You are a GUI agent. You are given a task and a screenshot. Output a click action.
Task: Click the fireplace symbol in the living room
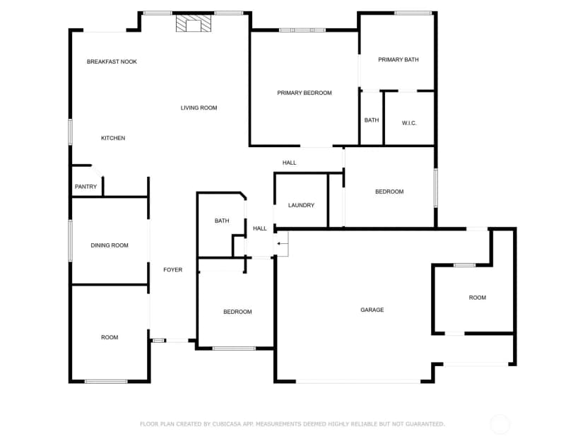point(194,23)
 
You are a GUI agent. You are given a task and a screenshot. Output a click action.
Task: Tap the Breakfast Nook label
point(112,62)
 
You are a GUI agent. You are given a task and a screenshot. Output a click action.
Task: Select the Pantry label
point(85,187)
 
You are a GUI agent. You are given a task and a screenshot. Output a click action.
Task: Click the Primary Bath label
point(398,59)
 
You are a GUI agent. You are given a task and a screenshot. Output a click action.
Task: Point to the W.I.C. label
point(409,123)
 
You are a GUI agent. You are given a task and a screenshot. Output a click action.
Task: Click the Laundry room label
point(301,205)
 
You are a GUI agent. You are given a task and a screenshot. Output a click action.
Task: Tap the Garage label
point(372,310)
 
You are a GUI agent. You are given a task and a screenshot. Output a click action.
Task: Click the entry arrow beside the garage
point(283,244)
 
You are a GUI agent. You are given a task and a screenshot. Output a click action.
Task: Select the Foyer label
point(172,270)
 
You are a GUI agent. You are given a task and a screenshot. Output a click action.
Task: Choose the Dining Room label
point(110,245)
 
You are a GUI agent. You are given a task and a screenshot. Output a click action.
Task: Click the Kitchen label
point(113,138)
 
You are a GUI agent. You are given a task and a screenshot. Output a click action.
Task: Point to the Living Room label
point(199,108)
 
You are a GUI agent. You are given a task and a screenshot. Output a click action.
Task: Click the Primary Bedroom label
point(305,93)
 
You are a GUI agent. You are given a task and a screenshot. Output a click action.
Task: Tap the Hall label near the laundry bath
point(260,228)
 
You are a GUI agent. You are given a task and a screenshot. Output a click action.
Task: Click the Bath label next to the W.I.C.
point(372,120)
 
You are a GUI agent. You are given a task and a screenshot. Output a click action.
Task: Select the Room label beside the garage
point(478,298)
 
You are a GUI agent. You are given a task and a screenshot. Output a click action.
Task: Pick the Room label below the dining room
point(110,337)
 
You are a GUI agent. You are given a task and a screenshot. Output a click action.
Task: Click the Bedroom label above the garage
point(389,192)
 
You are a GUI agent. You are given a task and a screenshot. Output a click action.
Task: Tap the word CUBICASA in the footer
point(227,424)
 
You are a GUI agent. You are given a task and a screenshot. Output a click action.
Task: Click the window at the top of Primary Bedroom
point(302,30)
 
